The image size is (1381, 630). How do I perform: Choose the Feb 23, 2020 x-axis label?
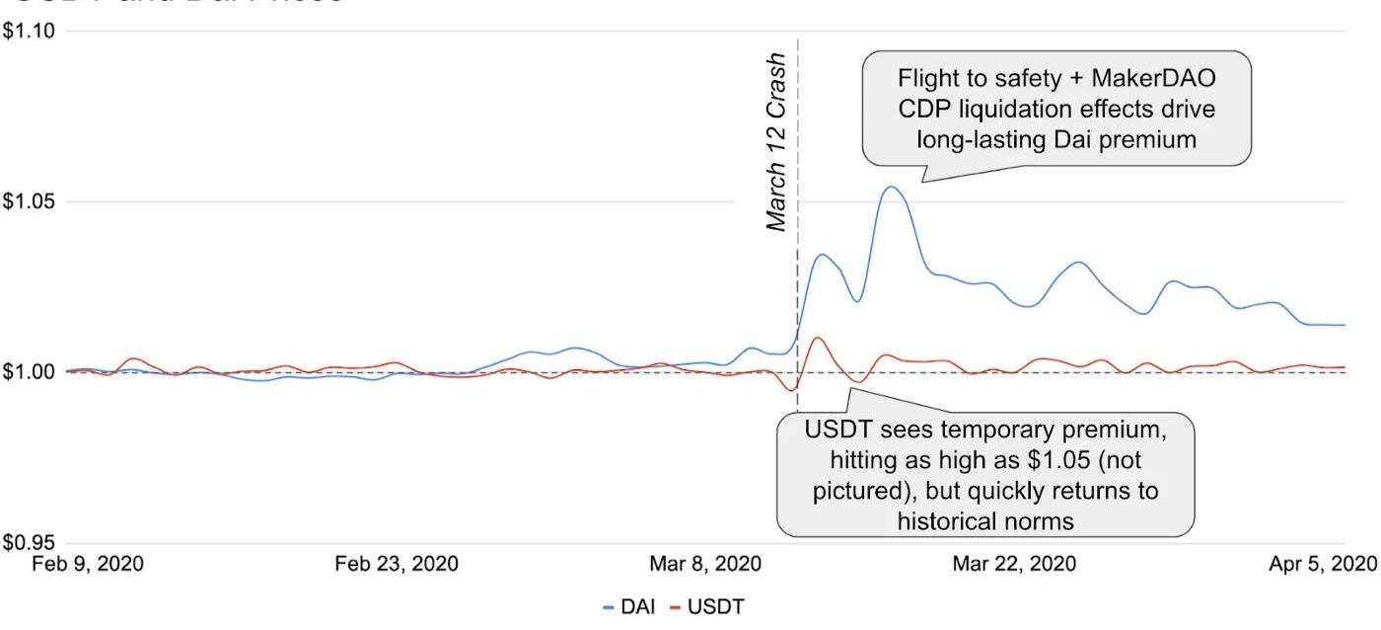(397, 564)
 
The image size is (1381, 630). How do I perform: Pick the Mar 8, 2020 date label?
(705, 564)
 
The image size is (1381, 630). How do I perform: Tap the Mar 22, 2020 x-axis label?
(1014, 564)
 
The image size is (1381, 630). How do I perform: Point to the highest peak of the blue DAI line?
(891, 187)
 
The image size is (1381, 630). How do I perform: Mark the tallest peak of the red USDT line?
(817, 338)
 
